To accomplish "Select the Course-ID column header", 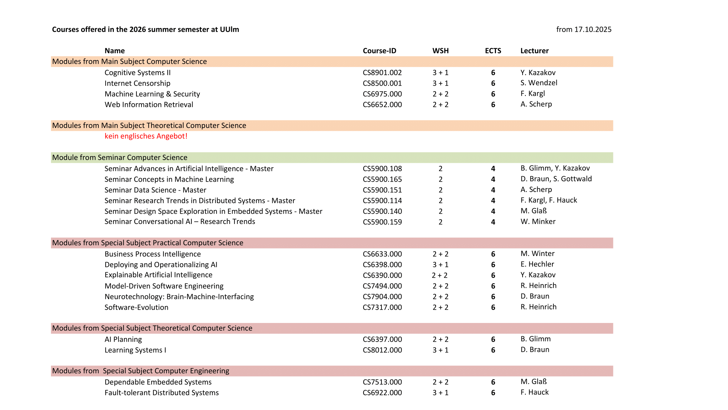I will [x=379, y=51].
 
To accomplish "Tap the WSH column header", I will [x=440, y=51].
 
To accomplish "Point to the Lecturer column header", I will [x=534, y=51].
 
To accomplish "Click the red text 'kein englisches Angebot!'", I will [x=146, y=136].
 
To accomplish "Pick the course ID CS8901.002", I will [x=382, y=73].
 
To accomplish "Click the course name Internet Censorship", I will [x=137, y=83].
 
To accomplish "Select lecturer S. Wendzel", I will [x=539, y=83].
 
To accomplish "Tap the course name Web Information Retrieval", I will [x=149, y=105].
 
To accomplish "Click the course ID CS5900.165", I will [x=382, y=179].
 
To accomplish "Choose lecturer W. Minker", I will [x=538, y=222].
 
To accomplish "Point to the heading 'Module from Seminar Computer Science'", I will [x=120, y=158].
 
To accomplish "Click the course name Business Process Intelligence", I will [x=153, y=254].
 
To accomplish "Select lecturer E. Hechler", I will [x=537, y=264].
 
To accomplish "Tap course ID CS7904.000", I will [x=382, y=297].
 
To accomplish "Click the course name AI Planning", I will [x=123, y=339].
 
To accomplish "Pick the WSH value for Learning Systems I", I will [x=440, y=350].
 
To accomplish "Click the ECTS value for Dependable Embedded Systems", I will [x=493, y=382].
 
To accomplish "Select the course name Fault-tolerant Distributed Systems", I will [x=162, y=393].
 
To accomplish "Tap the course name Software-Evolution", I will [x=136, y=307].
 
